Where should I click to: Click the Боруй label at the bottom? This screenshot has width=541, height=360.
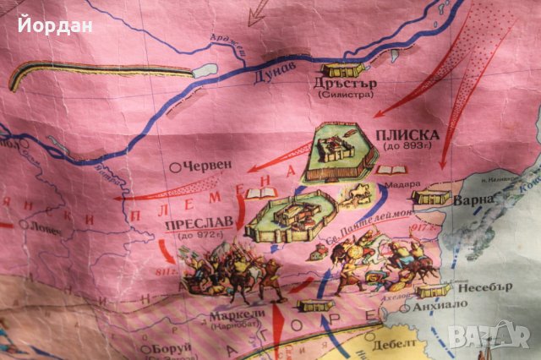coord(167,347)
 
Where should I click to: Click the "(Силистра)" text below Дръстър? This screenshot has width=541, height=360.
coord(344,96)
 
